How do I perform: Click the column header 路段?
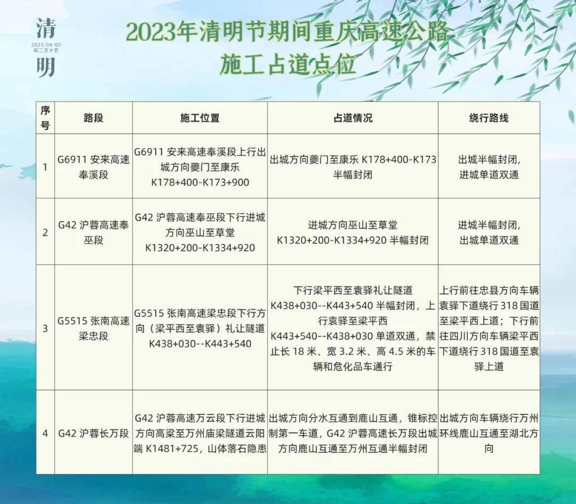point(93,118)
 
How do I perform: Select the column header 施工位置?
point(200,118)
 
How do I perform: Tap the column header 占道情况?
point(353,118)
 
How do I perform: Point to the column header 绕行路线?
point(489,118)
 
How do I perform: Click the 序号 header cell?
point(45,118)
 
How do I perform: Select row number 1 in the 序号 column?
point(45,167)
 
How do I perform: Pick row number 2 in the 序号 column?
point(45,233)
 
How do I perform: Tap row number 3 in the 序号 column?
point(45,329)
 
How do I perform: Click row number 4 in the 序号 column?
point(45,434)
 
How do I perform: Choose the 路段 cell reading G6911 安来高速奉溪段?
point(93,167)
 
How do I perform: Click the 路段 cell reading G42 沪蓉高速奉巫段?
point(93,233)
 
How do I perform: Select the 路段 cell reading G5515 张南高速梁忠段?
point(93,329)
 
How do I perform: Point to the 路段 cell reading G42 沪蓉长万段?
point(93,434)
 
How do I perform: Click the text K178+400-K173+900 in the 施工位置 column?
point(200,182)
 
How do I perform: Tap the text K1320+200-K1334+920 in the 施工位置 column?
point(200,248)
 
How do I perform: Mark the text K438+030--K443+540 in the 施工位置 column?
point(200,344)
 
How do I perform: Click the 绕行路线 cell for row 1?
point(489,167)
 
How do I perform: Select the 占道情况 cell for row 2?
point(353,233)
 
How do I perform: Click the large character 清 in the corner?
point(46,29)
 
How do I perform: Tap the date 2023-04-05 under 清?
point(46,45)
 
